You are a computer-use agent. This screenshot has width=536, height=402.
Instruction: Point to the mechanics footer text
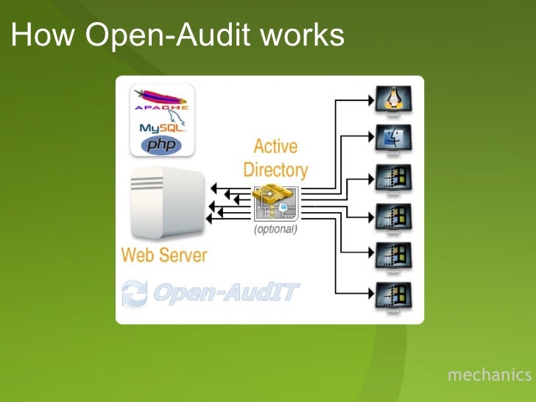pyautogui.click(x=489, y=375)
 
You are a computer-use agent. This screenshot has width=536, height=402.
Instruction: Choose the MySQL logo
pyautogui.click(x=161, y=127)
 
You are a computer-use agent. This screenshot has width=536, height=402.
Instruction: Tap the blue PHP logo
pyautogui.click(x=163, y=144)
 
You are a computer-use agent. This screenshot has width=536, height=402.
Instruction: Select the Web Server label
pyautogui.click(x=164, y=255)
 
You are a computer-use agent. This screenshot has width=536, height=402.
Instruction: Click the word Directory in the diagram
pyautogui.click(x=275, y=169)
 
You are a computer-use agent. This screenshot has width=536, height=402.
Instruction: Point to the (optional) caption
pyautogui.click(x=275, y=229)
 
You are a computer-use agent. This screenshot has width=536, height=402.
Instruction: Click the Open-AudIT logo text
pyautogui.click(x=225, y=292)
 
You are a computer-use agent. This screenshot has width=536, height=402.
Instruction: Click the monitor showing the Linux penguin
pyautogui.click(x=394, y=99)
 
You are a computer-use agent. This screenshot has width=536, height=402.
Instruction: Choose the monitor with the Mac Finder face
pyautogui.click(x=394, y=137)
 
